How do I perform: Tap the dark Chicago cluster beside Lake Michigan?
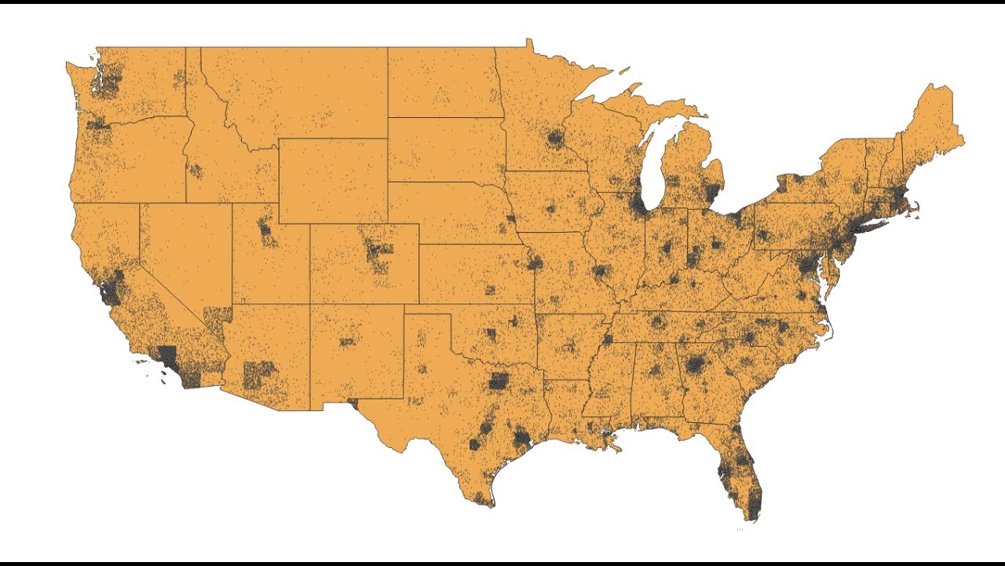point(640,205)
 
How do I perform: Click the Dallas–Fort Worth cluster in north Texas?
point(499,382)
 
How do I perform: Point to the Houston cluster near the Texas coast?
point(522,437)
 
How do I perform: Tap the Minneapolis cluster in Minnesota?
point(556,139)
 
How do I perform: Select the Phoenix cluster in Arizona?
point(260,374)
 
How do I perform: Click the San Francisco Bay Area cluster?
point(111,289)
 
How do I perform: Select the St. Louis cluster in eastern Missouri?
point(601,273)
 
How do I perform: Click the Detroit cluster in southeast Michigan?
point(712,193)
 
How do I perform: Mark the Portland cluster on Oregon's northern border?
point(100,123)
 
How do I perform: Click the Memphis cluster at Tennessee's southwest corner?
point(608,339)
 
